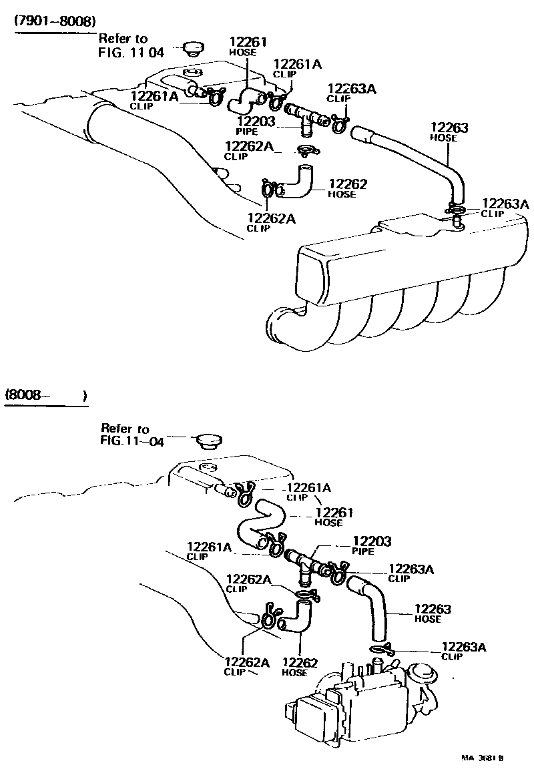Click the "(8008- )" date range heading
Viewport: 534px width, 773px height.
[46, 395]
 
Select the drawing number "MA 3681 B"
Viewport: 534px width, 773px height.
[483, 758]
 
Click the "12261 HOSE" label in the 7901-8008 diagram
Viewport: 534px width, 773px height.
[248, 45]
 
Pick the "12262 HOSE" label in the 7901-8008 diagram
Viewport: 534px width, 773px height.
[348, 188]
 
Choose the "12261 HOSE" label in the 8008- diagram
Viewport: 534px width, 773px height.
[333, 517]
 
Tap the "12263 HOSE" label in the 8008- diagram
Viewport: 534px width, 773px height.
[432, 613]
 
